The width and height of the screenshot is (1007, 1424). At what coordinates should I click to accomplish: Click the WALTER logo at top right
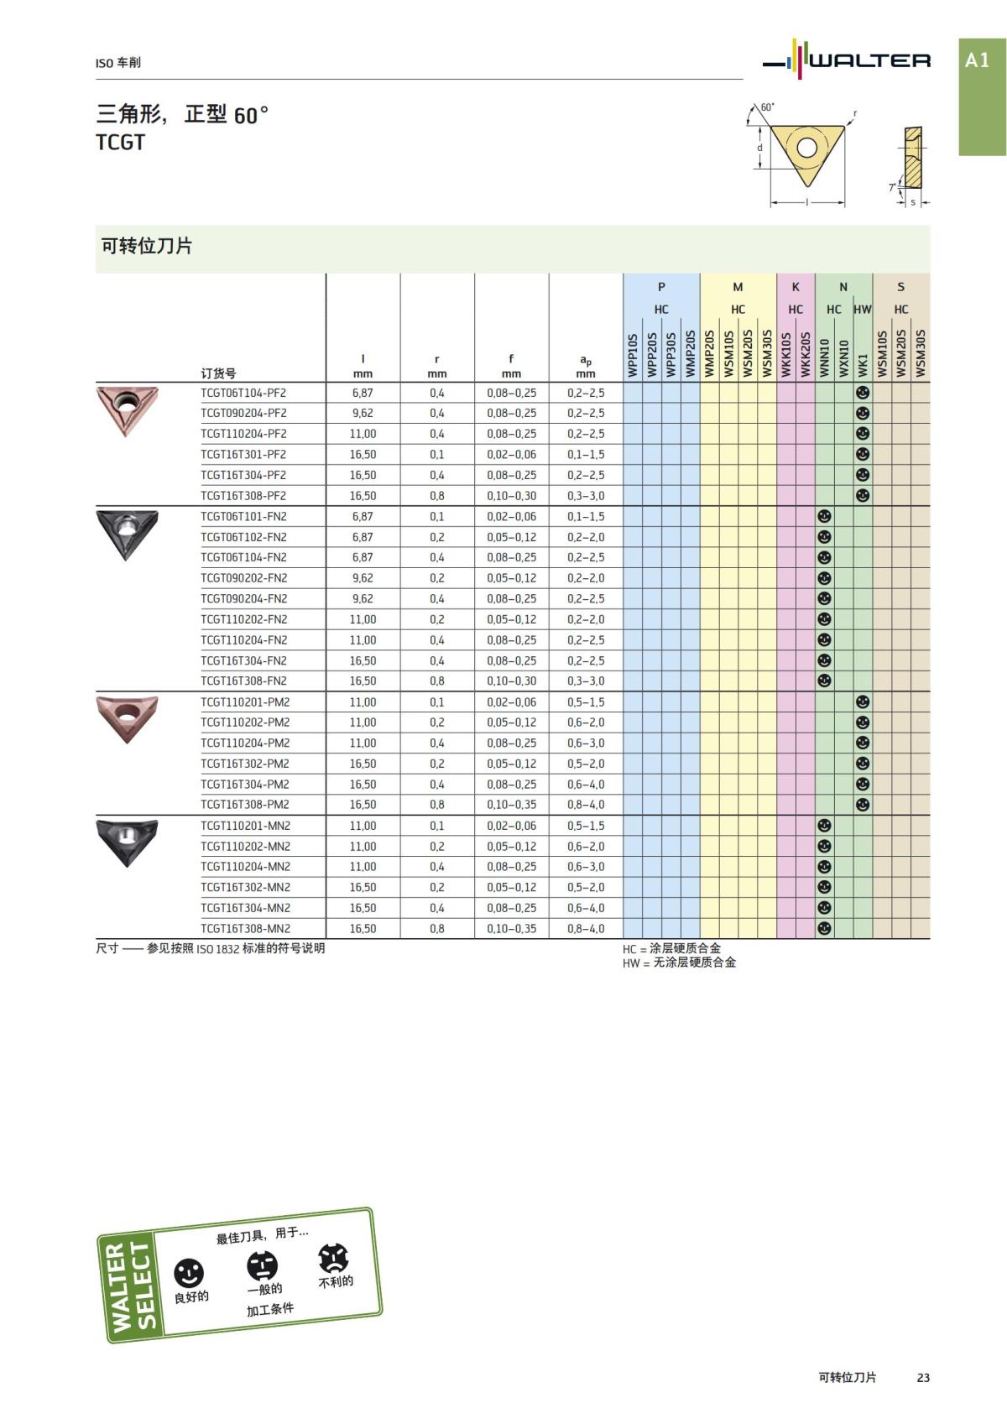[x=848, y=60]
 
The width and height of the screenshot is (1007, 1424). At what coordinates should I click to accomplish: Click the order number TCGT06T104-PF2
[x=243, y=393]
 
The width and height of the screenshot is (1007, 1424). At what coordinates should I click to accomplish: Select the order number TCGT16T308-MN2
[x=245, y=929]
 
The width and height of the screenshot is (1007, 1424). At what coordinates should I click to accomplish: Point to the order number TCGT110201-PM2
[x=245, y=702]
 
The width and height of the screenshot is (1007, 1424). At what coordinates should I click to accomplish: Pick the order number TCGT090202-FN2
[x=243, y=578]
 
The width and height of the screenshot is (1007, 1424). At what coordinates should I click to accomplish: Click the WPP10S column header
[x=633, y=354]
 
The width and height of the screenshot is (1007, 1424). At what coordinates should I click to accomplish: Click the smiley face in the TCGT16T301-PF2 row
[x=862, y=454]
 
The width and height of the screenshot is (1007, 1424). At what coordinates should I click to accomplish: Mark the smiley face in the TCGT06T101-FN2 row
[x=824, y=516]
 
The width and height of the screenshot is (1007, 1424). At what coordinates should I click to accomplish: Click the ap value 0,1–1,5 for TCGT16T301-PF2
[x=585, y=455]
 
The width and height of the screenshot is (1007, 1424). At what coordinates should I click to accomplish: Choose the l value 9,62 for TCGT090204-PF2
[x=363, y=413]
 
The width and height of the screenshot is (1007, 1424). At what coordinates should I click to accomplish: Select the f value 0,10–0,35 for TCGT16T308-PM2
[x=511, y=805]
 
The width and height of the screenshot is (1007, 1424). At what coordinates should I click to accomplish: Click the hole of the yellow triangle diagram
[x=806, y=149]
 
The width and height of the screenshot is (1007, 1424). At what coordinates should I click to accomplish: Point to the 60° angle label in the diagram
[x=767, y=107]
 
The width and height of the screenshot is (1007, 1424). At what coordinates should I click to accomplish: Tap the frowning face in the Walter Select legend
[x=333, y=1257]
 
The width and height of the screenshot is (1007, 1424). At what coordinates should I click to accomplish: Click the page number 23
[x=923, y=1377]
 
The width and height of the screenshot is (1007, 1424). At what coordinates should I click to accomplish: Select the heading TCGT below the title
[x=121, y=143]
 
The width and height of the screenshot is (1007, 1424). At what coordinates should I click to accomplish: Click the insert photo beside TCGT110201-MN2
[x=127, y=842]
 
